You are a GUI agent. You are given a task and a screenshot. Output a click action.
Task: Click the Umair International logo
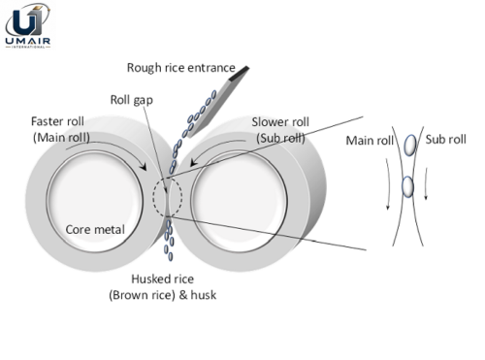(27, 25)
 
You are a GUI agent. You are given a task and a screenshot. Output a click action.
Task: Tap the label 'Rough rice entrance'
(181, 68)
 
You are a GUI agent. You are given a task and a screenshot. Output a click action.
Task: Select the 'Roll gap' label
(132, 100)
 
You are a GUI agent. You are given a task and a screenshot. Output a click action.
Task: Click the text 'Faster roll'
(57, 121)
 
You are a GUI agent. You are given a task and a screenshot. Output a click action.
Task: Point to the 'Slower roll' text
(280, 122)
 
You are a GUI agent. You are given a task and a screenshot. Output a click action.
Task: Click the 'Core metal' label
(95, 230)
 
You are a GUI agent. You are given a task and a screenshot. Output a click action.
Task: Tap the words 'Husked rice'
(163, 278)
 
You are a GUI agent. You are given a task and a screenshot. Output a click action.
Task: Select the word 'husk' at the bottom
(204, 295)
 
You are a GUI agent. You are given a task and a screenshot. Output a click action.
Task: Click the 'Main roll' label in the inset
(370, 141)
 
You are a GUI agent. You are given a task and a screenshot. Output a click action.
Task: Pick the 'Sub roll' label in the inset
(445, 140)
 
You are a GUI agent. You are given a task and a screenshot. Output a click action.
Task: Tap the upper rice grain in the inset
(410, 145)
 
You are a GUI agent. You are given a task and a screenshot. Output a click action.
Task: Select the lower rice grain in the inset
(407, 186)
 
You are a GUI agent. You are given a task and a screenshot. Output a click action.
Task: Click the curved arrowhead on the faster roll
(143, 166)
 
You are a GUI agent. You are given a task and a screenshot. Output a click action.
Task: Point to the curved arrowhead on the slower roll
(193, 161)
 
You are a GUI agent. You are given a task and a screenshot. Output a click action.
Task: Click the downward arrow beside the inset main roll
(388, 183)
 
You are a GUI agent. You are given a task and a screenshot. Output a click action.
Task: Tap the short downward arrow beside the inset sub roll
(426, 183)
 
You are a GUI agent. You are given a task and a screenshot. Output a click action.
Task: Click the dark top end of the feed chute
(240, 73)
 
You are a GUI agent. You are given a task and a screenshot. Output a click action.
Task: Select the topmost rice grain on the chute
(213, 95)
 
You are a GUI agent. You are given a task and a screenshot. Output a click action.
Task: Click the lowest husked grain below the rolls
(171, 257)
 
